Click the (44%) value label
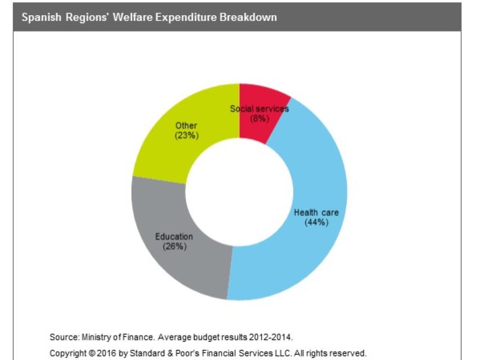[x=316, y=222]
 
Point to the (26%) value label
[x=174, y=246]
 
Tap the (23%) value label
[x=186, y=135]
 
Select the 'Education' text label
[x=174, y=237]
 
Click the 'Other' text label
[x=186, y=125]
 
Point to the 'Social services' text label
[x=259, y=109]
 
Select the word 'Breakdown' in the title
[x=250, y=17]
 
